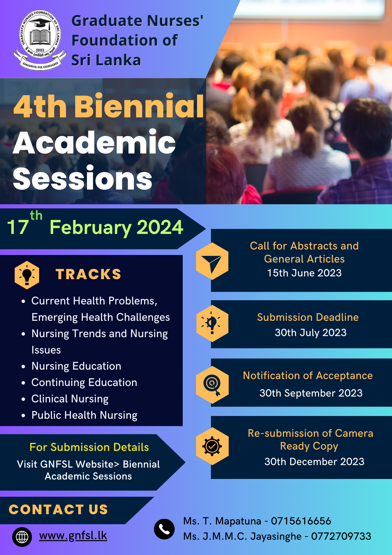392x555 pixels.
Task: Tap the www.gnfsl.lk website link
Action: click(x=73, y=535)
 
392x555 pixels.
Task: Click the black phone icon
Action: click(x=164, y=529)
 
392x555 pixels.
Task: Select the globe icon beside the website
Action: click(x=22, y=537)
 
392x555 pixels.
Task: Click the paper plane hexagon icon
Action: click(x=212, y=261)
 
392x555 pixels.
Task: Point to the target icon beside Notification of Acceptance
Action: click(x=212, y=385)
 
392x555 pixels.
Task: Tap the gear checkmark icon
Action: click(x=212, y=446)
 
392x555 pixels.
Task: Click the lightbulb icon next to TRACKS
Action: click(x=27, y=275)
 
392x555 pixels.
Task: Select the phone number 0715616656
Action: click(x=301, y=521)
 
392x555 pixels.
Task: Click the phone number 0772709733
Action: click(x=341, y=536)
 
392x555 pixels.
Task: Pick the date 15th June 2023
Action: click(x=304, y=273)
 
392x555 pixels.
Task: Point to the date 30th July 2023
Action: click(x=310, y=332)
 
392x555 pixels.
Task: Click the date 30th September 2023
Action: click(x=311, y=393)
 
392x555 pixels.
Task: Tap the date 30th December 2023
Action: click(x=314, y=461)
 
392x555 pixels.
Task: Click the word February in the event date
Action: click(x=91, y=228)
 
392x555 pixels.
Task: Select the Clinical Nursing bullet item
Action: click(x=70, y=399)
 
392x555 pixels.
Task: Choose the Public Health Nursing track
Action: click(x=85, y=415)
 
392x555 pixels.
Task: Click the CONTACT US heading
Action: click(x=58, y=509)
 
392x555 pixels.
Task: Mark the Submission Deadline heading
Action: click(x=308, y=317)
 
